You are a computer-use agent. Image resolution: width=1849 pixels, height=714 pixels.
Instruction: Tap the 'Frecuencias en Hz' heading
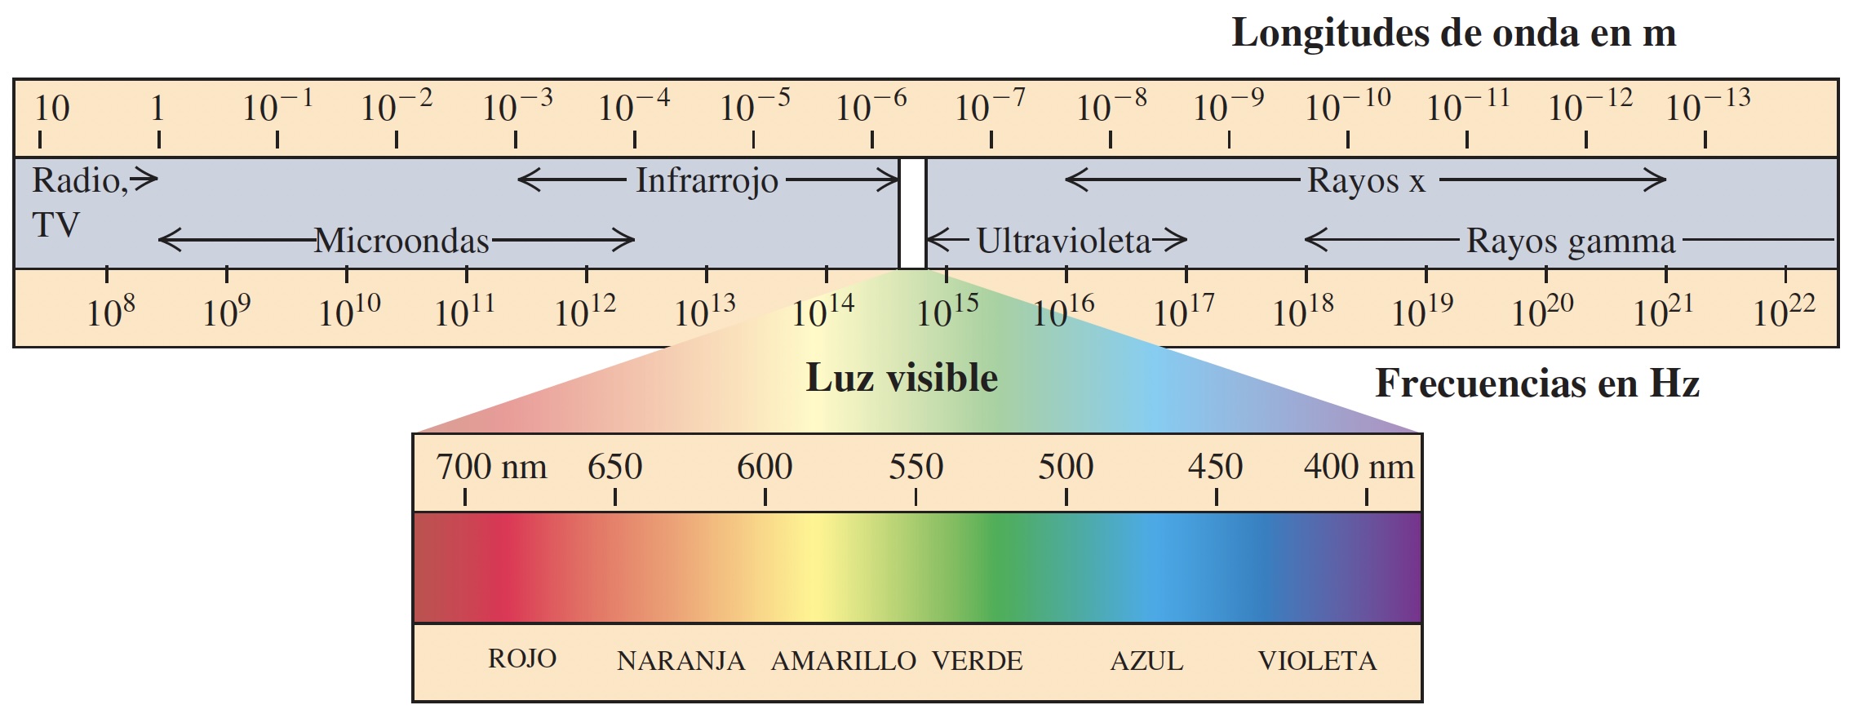pyautogui.click(x=1536, y=384)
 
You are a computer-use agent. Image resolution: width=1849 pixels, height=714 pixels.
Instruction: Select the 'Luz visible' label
pyautogui.click(x=902, y=379)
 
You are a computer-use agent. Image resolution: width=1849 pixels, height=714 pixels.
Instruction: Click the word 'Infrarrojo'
pyautogui.click(x=707, y=180)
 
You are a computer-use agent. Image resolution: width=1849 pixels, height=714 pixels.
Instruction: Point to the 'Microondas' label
pyautogui.click(x=401, y=241)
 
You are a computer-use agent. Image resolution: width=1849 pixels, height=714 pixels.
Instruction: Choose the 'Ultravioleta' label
pyautogui.click(x=1063, y=241)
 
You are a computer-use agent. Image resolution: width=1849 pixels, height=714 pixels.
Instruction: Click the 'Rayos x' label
pyautogui.click(x=1366, y=181)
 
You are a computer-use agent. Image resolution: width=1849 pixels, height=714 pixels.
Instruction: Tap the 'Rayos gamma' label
pyautogui.click(x=1570, y=242)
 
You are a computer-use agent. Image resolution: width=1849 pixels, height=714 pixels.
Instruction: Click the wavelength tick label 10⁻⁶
pyautogui.click(x=871, y=107)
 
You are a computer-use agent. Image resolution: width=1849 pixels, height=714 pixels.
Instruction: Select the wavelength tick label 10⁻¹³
pyautogui.click(x=1707, y=107)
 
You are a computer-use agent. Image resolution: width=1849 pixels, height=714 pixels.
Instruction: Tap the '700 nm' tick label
pyautogui.click(x=491, y=468)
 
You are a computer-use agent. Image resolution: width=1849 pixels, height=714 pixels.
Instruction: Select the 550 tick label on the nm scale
pyautogui.click(x=916, y=468)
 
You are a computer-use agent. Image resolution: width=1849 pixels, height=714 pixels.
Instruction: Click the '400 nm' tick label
pyautogui.click(x=1359, y=468)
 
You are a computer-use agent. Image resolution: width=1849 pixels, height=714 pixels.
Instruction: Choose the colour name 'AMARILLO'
pyautogui.click(x=843, y=661)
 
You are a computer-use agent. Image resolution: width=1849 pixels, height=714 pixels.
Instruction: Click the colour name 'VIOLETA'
pyautogui.click(x=1317, y=661)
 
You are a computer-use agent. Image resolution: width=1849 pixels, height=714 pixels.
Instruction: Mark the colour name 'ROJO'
pyautogui.click(x=522, y=659)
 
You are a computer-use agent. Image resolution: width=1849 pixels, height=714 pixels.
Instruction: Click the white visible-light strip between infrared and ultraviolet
pyautogui.click(x=912, y=213)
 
